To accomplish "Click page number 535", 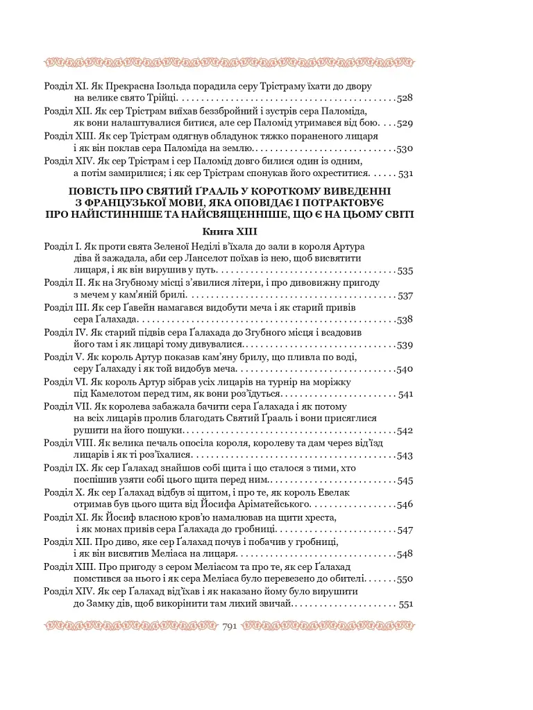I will point(405,271).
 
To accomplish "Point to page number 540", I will point(405,369).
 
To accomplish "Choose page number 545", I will point(405,480).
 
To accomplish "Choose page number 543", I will point(405,456).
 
